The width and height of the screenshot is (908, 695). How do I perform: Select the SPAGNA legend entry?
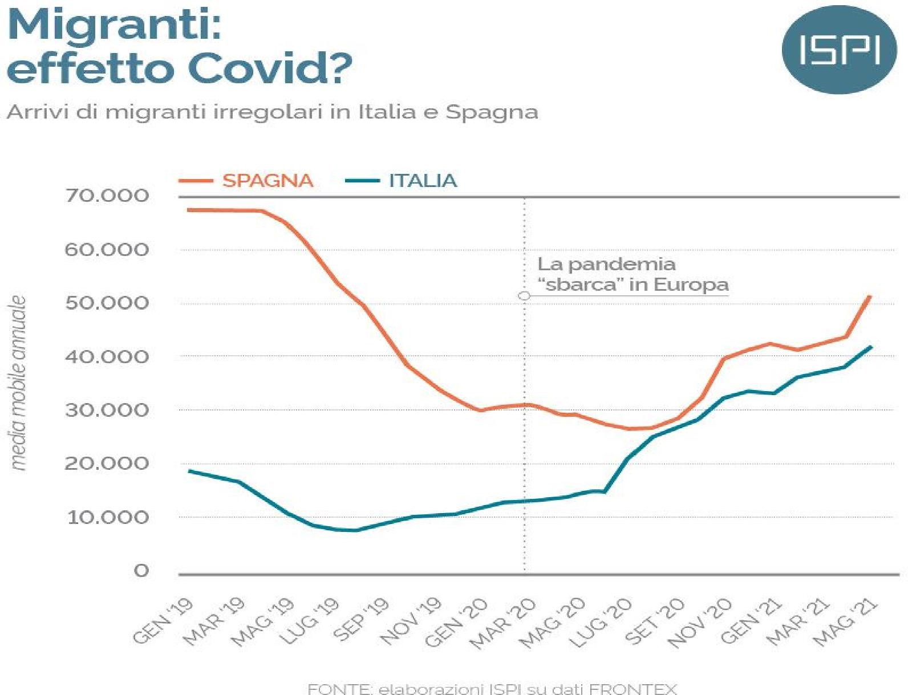point(267,181)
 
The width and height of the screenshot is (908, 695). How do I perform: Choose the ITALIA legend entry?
point(423,181)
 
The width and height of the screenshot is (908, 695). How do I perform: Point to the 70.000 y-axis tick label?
point(107,196)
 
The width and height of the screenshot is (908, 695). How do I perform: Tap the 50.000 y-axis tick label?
point(107,303)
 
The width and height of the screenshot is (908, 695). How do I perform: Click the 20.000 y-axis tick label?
point(107,464)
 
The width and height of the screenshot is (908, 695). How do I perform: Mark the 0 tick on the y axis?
point(141,570)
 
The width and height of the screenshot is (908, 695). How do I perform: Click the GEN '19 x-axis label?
point(164,621)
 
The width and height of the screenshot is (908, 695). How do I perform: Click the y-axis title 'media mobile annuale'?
point(19,383)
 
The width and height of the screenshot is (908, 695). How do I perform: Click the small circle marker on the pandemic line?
point(524,295)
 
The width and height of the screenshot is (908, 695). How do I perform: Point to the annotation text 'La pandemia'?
point(606,265)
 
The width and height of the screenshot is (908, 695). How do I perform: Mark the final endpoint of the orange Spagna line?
point(870,296)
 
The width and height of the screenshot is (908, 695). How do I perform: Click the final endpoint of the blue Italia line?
point(871,347)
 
